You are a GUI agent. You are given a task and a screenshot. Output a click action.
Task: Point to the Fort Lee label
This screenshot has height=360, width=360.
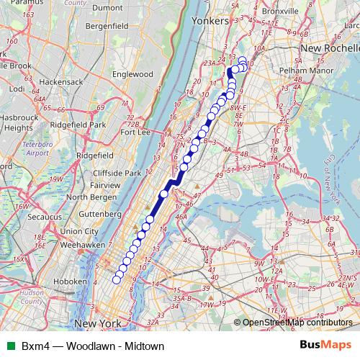click(x=135, y=132)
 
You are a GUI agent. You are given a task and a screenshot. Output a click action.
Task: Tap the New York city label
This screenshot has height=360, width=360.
click(x=97, y=324)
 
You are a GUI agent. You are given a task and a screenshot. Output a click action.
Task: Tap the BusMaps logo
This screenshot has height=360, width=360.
click(x=325, y=346)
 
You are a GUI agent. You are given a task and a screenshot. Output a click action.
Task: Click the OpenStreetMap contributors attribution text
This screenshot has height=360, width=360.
click(x=300, y=323)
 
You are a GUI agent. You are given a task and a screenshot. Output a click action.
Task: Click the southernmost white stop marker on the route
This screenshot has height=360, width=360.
click(x=117, y=279)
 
